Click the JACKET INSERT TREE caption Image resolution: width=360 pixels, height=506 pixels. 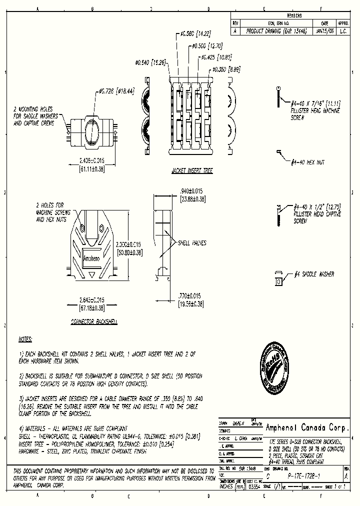pyautogui.click(x=192, y=171)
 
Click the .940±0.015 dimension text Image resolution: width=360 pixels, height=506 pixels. pyautogui.click(x=191, y=190)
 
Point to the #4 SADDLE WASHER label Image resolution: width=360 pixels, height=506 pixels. pyautogui.click(x=313, y=274)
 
